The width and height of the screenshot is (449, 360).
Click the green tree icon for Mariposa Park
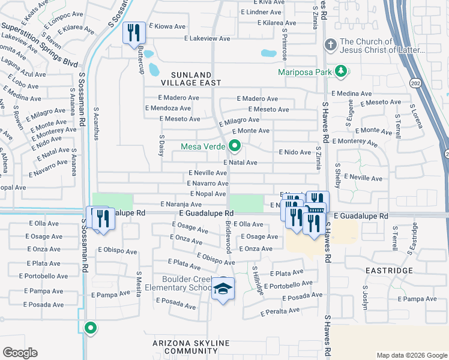[x=342, y=73]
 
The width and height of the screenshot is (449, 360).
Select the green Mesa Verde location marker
[x=235, y=146]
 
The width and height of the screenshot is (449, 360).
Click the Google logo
[x=20, y=353]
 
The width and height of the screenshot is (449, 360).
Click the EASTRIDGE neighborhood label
[x=390, y=271]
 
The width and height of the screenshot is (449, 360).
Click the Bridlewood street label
[x=228, y=236]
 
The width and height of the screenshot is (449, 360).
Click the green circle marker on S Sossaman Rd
[x=91, y=328]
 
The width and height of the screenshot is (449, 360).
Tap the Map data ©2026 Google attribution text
[x=411, y=355]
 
